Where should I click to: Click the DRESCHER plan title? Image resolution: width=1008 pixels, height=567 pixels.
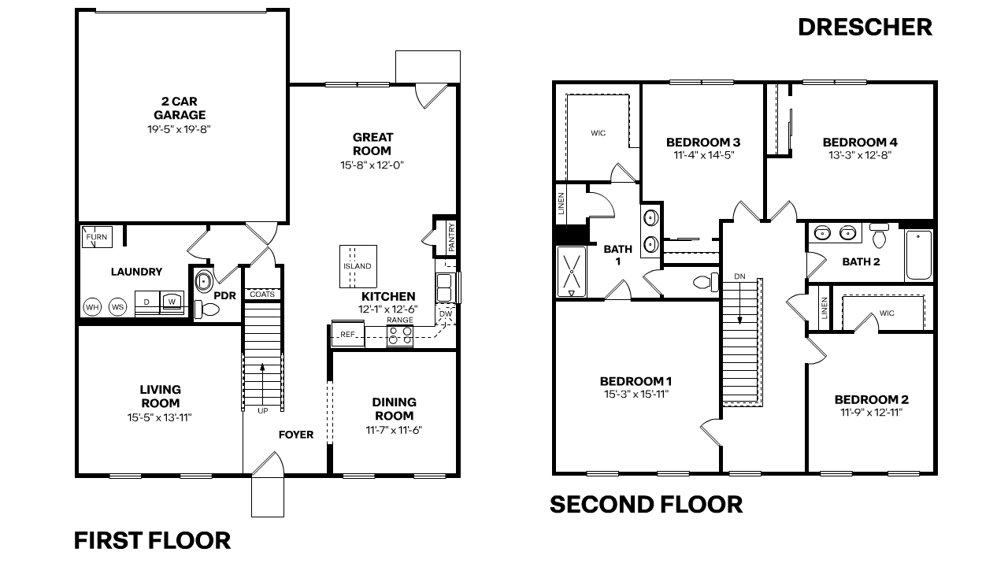(865, 27)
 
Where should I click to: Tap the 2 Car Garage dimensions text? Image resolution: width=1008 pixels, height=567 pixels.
(180, 128)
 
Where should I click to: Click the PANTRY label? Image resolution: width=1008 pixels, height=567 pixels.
(451, 237)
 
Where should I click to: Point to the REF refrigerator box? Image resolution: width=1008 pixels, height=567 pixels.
(347, 335)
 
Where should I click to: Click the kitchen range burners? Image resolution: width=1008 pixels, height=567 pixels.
(400, 335)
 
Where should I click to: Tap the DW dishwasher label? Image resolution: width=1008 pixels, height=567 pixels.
(446, 314)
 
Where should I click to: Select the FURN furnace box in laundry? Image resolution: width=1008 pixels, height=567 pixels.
(98, 236)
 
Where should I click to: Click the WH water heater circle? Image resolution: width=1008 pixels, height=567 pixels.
(92, 306)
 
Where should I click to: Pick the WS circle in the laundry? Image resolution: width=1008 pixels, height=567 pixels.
(117, 306)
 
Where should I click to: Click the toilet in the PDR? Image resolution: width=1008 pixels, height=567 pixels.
(209, 311)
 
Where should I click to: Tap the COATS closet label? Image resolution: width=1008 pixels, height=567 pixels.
(262, 294)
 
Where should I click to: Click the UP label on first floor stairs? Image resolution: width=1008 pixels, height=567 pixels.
(262, 410)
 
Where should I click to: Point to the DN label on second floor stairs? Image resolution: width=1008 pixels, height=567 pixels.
(739, 276)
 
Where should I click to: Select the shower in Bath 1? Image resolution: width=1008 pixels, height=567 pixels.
(573, 272)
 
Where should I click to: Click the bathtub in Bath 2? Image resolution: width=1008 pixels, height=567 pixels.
(918, 255)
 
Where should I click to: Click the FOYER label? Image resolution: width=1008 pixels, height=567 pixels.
(296, 435)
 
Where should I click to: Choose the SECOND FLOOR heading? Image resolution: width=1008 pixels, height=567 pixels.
(646, 504)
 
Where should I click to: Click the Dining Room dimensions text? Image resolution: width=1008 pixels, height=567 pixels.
(394, 430)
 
